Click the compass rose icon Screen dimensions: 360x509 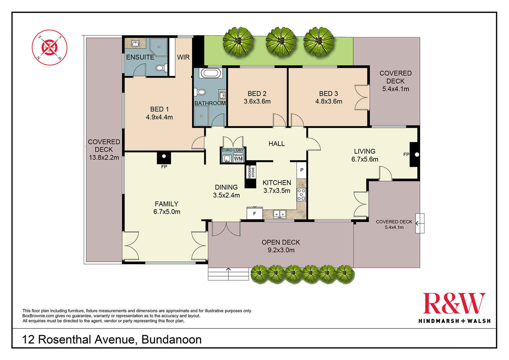click(x=49, y=47)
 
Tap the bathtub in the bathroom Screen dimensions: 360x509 click(x=212, y=73)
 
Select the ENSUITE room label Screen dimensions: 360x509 click(x=140, y=57)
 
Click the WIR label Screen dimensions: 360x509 click(x=183, y=57)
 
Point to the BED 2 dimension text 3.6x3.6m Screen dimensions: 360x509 click(x=257, y=102)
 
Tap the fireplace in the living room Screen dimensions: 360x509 click(x=414, y=154)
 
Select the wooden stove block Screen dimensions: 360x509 click(x=251, y=176)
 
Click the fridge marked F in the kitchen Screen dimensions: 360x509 click(x=254, y=213)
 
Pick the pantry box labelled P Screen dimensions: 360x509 click(x=302, y=170)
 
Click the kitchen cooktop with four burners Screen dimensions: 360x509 click(x=302, y=195)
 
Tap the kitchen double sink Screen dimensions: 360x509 click(x=280, y=214)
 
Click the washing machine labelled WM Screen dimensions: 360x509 click(x=238, y=159)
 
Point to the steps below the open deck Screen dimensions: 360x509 click(x=228, y=274)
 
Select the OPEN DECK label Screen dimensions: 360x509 click(x=281, y=243)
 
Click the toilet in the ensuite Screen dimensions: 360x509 click(x=161, y=68)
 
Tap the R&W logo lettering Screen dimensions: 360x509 click(x=454, y=303)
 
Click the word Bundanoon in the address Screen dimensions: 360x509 click(x=172, y=339)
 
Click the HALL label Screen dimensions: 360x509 click(x=276, y=144)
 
